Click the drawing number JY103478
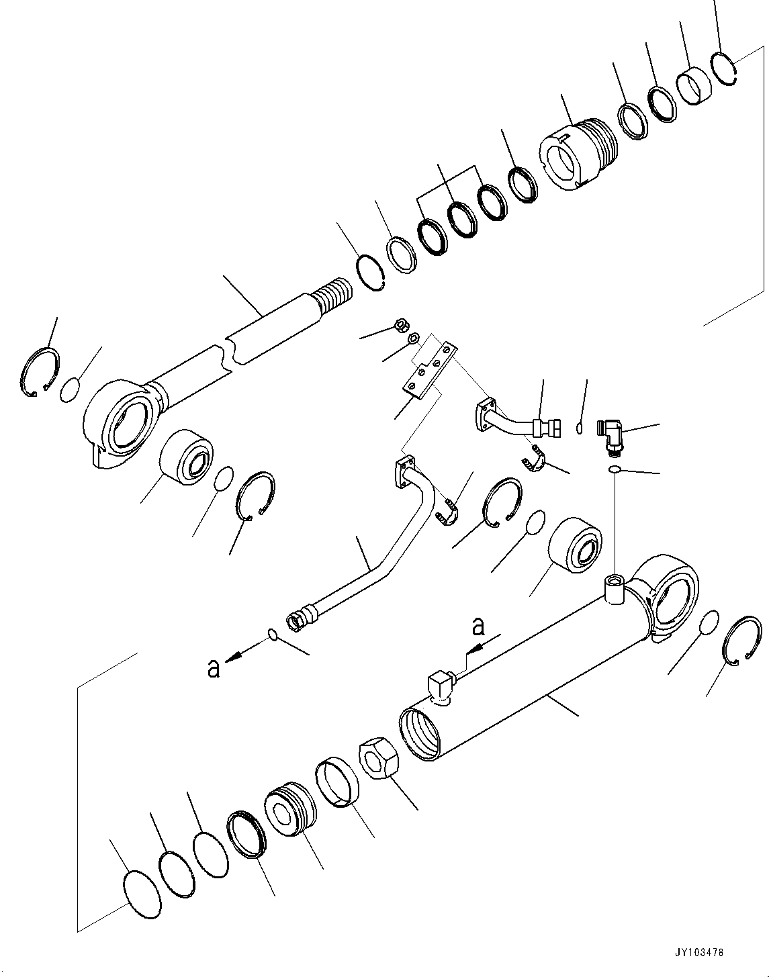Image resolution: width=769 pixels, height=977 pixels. pyautogui.click(x=701, y=953)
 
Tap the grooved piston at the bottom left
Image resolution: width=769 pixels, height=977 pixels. pyautogui.click(x=291, y=811)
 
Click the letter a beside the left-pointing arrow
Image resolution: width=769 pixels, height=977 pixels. pyautogui.click(x=214, y=668)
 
